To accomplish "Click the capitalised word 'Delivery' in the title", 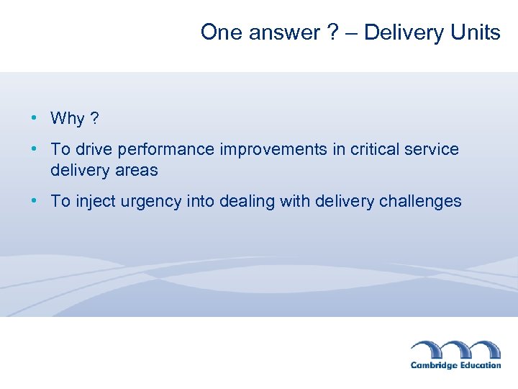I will [x=404, y=32].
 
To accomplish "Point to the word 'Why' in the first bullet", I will [x=68, y=118].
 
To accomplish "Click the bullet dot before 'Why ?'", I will [x=35, y=117].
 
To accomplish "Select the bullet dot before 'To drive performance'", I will [x=35, y=149].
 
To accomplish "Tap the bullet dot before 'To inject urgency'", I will [x=35, y=201].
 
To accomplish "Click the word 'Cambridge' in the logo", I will [x=433, y=365].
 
